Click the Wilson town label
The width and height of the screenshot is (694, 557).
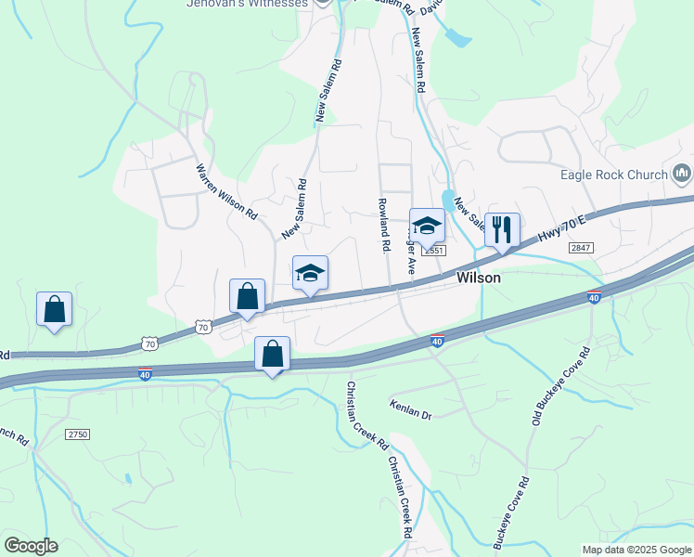tap(479, 278)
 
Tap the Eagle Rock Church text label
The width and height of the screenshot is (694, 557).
tap(614, 175)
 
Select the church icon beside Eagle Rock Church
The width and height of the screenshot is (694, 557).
tap(683, 174)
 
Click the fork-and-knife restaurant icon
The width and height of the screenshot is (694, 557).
tap(502, 229)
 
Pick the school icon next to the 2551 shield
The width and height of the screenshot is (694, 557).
tap(427, 226)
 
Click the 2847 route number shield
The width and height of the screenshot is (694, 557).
tap(581, 246)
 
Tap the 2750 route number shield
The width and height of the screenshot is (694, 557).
tap(78, 434)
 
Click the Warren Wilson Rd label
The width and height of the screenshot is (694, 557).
tap(226, 192)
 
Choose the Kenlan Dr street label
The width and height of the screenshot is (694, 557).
tap(411, 410)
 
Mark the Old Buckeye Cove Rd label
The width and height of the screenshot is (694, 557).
tap(560, 387)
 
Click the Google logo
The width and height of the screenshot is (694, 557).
tap(31, 546)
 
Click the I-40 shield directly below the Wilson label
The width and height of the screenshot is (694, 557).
tap(438, 341)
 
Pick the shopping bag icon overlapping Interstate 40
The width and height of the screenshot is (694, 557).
tap(273, 354)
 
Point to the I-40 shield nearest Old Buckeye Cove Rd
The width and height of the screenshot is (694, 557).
tap(594, 297)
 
